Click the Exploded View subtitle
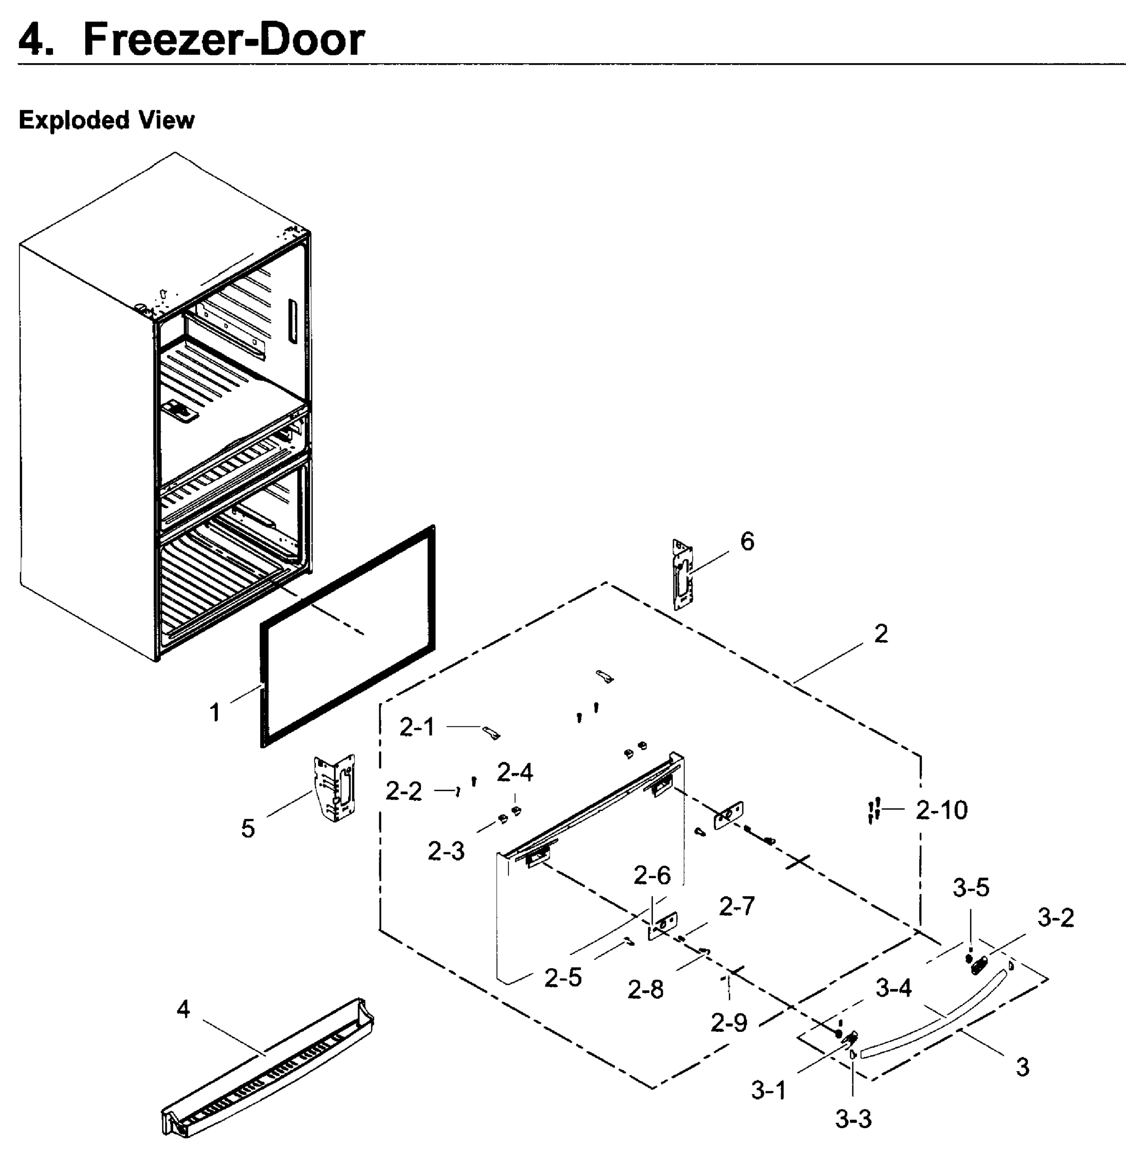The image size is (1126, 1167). pos(106,120)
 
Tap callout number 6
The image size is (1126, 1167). pos(747,541)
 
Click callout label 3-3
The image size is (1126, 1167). pos(853,1119)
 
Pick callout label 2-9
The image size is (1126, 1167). pos(729,1023)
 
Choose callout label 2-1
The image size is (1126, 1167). pos(417,727)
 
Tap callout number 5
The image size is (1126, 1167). pos(247,828)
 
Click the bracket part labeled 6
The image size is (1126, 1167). pos(683,575)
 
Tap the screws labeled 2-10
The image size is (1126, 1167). pos(874,811)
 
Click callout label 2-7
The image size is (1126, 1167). pos(737,906)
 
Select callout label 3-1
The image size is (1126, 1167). pos(768,1091)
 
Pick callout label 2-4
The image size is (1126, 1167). pos(514,772)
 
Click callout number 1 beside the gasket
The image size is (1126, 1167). pos(215,712)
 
